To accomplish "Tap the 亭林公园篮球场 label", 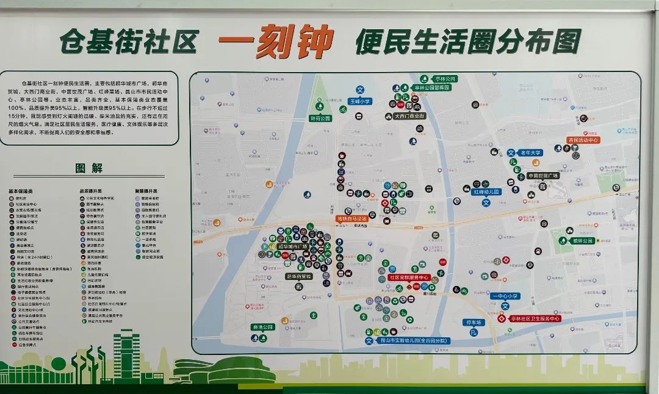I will (x=431, y=88).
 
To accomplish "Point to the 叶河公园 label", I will (x=320, y=118).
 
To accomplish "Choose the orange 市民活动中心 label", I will (x=583, y=140).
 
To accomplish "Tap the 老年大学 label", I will (x=530, y=152).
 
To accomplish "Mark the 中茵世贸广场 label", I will (x=543, y=176).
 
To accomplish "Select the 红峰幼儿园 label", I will (x=486, y=192).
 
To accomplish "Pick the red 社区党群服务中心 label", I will (x=409, y=278).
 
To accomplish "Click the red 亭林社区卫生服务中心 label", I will (x=535, y=318).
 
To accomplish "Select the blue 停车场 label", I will (x=474, y=322).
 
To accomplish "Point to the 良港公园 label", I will (x=263, y=328).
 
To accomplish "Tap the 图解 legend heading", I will (x=89, y=168).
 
